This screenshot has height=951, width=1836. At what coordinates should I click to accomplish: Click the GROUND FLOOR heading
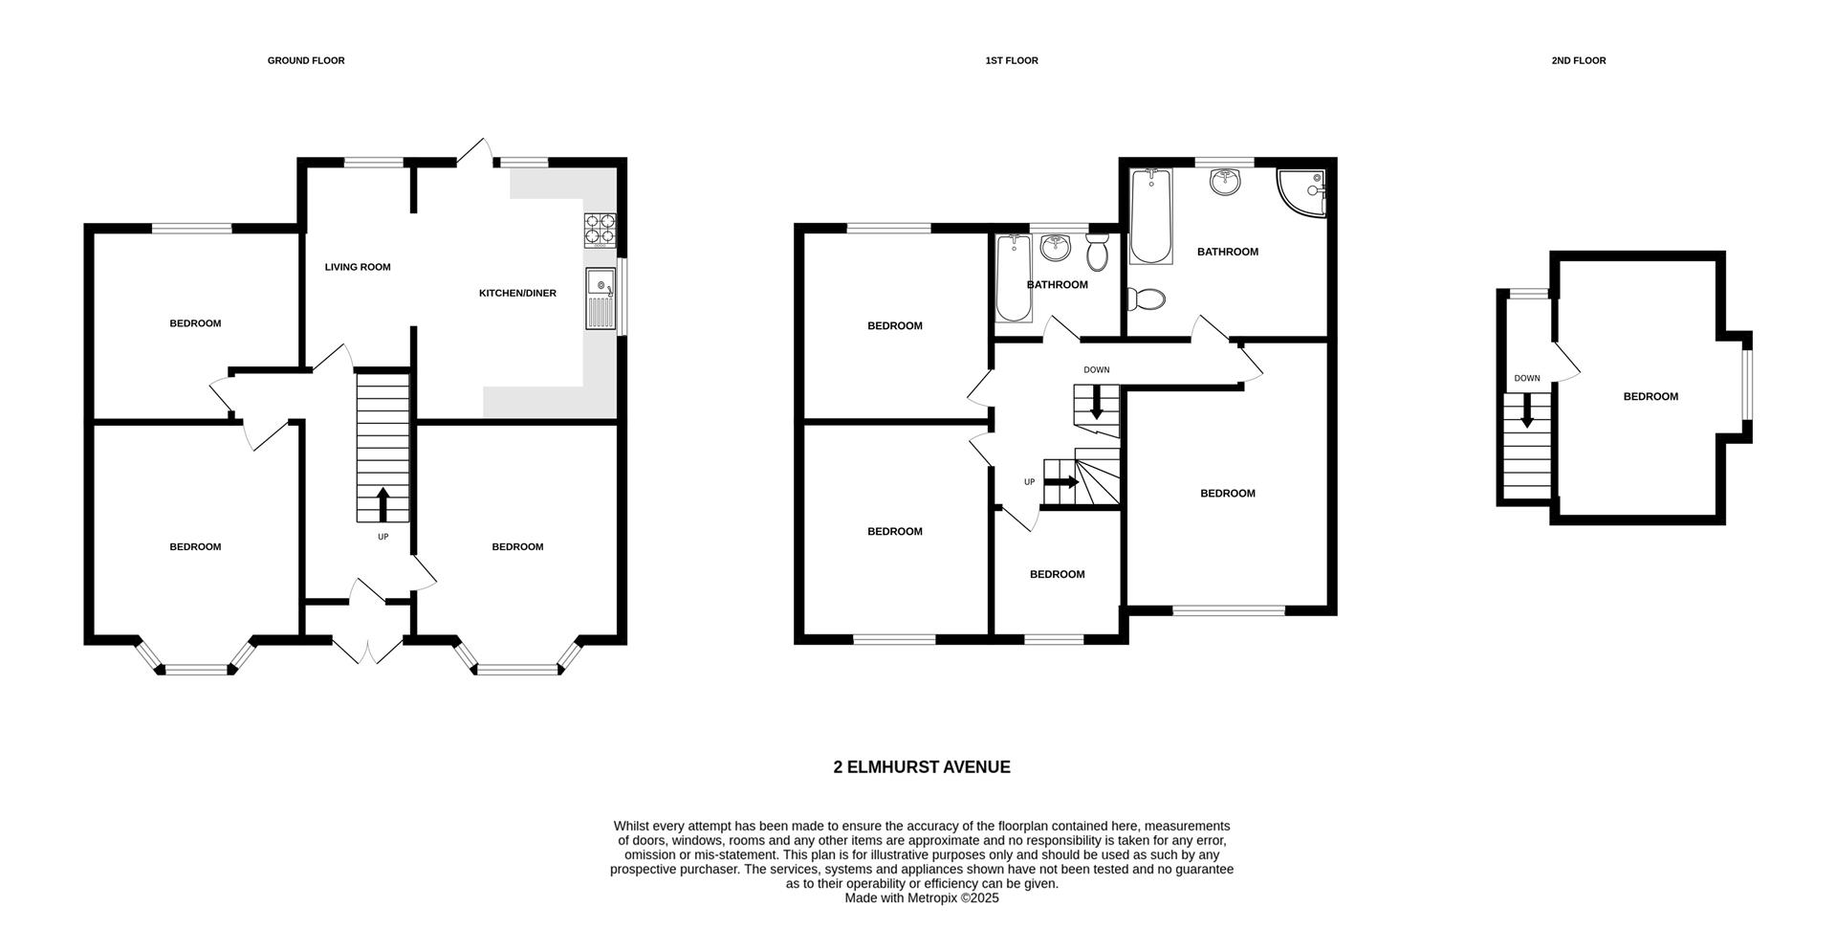tap(306, 60)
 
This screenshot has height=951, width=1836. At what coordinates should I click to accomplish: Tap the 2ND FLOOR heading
tap(1579, 60)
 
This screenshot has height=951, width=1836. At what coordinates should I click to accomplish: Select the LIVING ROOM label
tap(358, 267)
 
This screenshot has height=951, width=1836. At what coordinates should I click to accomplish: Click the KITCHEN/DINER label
tap(517, 293)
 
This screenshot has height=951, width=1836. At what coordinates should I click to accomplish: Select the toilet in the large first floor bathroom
tap(1146, 300)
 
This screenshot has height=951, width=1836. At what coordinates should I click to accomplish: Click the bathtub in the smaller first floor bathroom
tap(1014, 278)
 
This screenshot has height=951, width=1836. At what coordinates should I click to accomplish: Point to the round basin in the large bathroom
tap(1225, 182)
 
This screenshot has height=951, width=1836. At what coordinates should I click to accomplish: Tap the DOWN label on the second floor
tap(1527, 378)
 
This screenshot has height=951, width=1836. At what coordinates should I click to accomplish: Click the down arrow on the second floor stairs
tap(1527, 409)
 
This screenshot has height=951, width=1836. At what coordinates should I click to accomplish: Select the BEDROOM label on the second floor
tap(1650, 396)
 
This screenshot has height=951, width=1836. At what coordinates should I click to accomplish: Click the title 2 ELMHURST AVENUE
tap(922, 766)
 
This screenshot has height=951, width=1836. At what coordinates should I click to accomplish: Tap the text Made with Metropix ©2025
tap(922, 898)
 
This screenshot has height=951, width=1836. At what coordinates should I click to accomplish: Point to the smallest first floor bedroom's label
tap(1057, 574)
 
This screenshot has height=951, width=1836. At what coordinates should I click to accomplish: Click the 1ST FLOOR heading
tap(1012, 60)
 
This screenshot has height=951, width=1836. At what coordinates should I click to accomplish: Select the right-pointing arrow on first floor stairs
tap(1061, 483)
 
